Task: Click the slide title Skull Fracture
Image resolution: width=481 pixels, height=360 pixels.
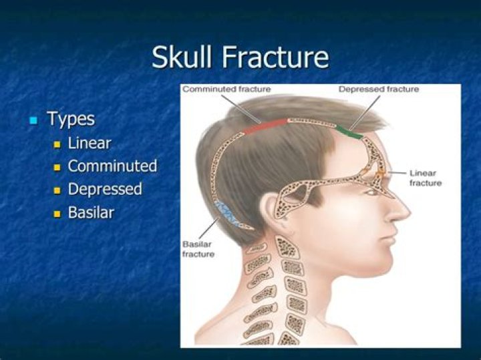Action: pos(240,57)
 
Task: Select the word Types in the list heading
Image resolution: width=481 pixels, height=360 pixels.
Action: pos(71,120)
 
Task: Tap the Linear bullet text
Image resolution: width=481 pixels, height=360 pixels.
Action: pos(90,143)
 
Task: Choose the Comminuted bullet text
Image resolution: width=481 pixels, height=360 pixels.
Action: pos(112,166)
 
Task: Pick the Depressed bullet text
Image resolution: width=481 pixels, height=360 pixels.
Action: pos(105,189)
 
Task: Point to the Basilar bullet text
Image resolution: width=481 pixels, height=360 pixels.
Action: pos(91,212)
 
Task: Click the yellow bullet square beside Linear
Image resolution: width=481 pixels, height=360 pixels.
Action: pos(57,144)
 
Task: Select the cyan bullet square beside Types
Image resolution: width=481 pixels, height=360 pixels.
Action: pos(33,121)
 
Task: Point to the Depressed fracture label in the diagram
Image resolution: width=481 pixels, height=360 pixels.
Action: pos(378,89)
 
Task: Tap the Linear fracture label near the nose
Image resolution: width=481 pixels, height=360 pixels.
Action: pos(424,178)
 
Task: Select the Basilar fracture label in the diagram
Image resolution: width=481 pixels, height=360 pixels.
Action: pos(198,248)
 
